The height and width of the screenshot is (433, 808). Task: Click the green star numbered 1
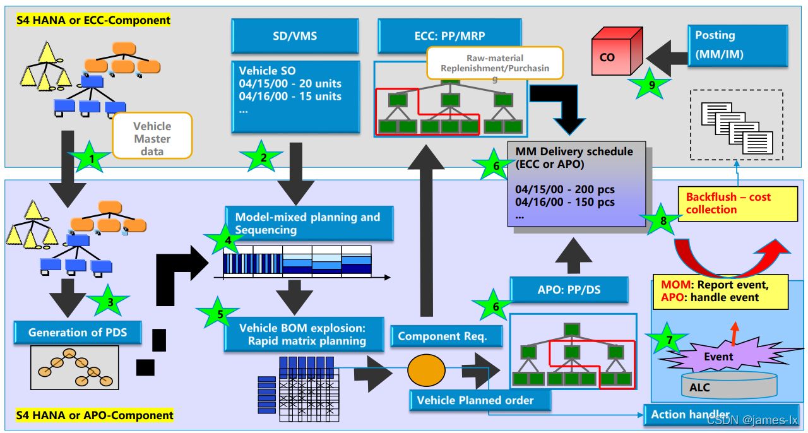[x=92, y=158]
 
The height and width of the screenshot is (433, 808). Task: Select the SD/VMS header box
[x=295, y=36]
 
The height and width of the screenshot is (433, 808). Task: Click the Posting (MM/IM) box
[x=737, y=45]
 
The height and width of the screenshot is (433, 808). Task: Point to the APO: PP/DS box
[x=569, y=290]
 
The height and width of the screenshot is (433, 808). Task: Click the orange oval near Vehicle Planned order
[x=426, y=371]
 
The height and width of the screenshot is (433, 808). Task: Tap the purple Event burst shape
[x=718, y=357]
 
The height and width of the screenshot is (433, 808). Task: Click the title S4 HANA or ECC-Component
[x=93, y=20]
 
